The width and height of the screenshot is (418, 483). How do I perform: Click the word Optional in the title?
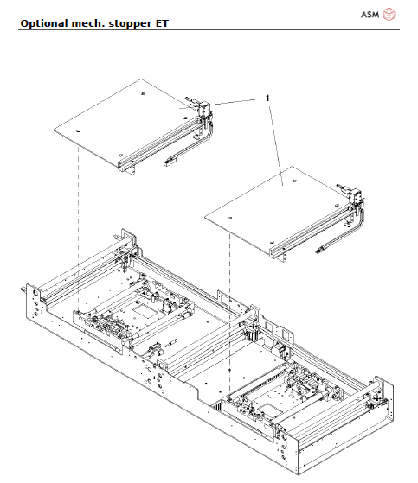pos(42,22)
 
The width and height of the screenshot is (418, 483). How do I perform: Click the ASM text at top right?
pos(367,15)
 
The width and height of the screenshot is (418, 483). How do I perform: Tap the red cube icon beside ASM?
pos(389,14)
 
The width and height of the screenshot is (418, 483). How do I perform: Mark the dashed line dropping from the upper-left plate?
pos(78,225)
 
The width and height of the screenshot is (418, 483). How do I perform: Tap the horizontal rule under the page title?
pos(209,30)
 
